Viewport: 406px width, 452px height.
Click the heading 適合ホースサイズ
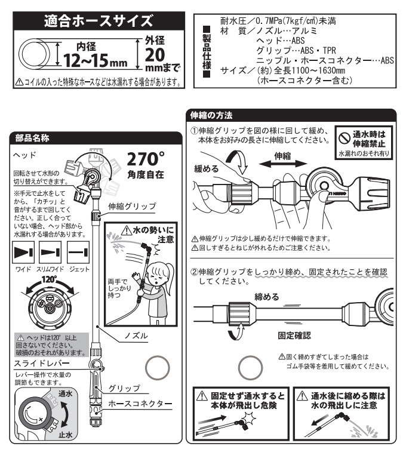click(x=99, y=21)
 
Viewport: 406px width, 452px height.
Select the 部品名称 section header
click(x=32, y=138)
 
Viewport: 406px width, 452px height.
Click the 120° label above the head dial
click(x=50, y=279)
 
